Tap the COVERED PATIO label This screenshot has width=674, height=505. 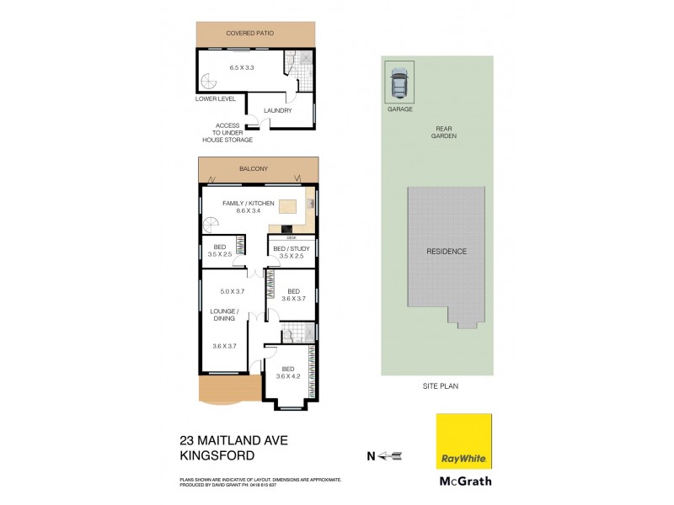click(x=250, y=34)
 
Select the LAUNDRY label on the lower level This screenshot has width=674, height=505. click(x=277, y=110)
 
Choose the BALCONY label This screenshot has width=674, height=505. click(x=254, y=169)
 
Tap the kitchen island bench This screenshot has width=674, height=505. click(x=289, y=206)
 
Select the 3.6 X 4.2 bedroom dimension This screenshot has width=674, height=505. click(x=288, y=375)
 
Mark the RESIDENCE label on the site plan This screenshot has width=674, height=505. click(x=447, y=251)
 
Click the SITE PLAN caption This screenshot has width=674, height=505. click(x=441, y=385)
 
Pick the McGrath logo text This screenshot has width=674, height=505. click(x=462, y=482)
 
